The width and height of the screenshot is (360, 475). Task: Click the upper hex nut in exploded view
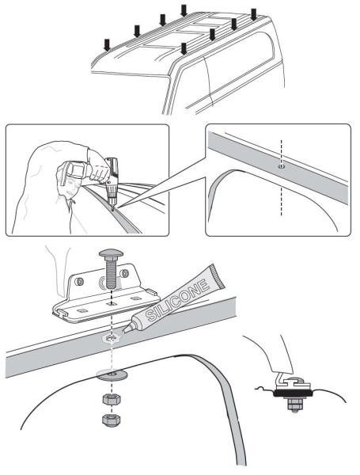112,396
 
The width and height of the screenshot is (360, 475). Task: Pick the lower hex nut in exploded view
112,416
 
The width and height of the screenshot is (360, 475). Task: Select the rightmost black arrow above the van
253,14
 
